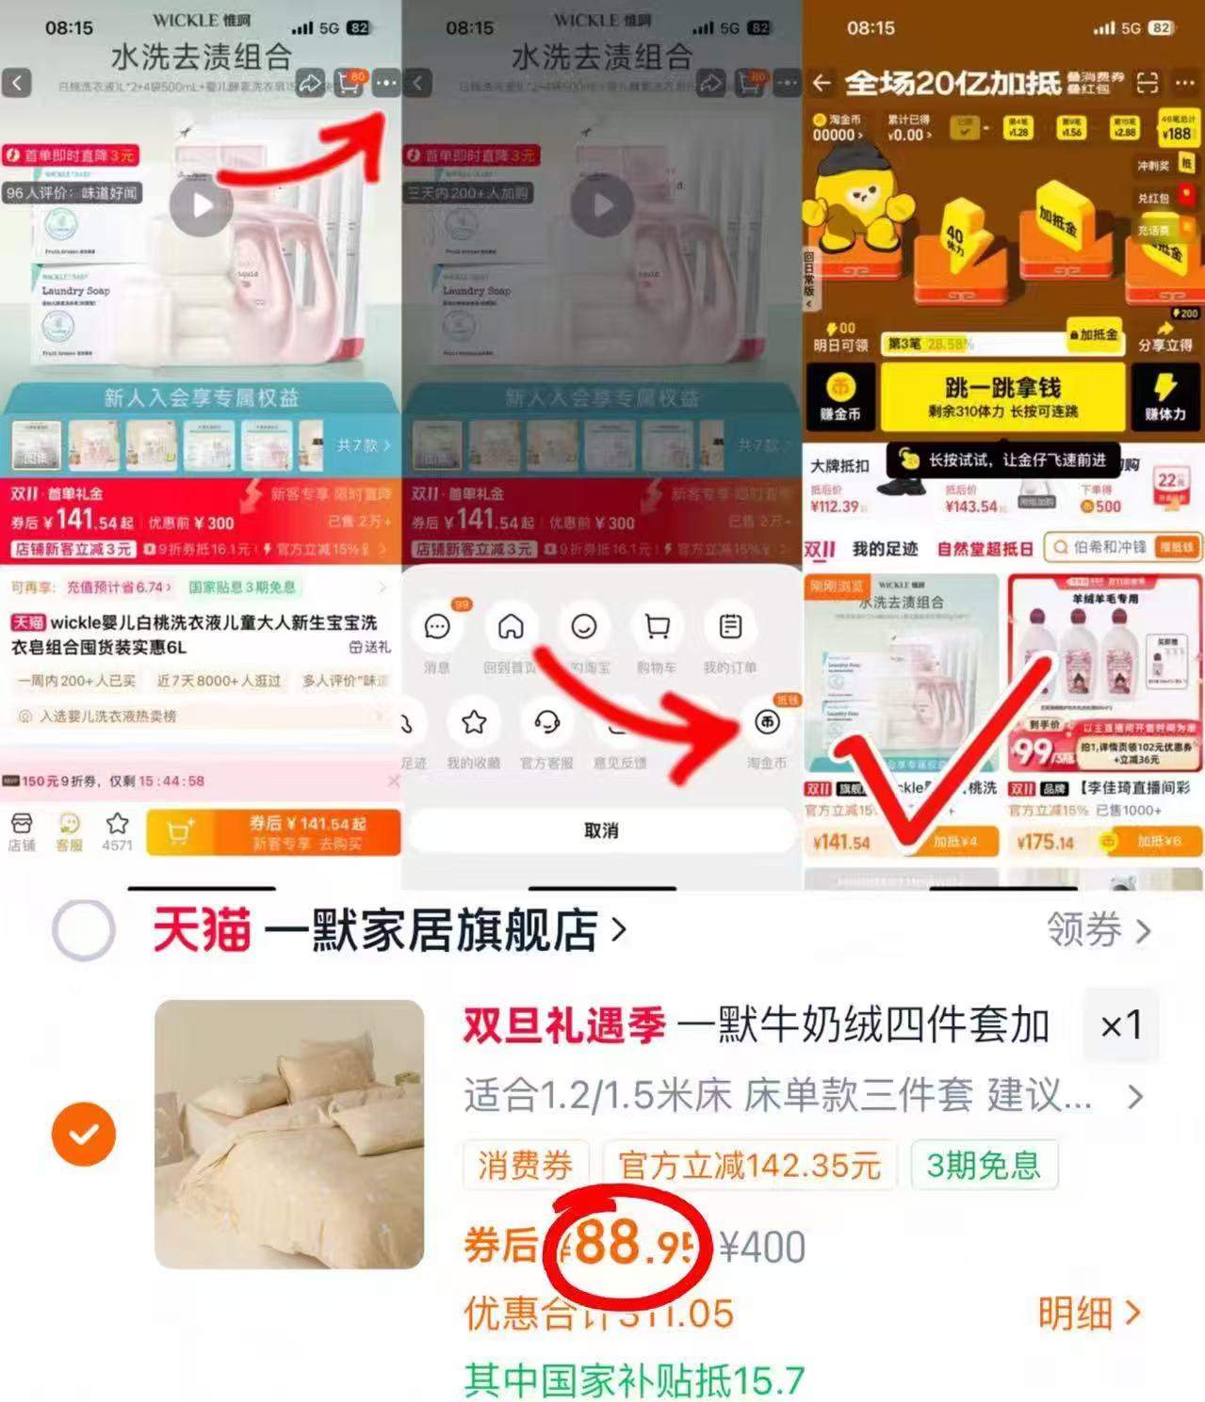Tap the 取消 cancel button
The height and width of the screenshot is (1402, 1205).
(600, 830)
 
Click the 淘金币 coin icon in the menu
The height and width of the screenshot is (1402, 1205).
(767, 723)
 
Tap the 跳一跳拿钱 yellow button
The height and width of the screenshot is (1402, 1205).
(1001, 396)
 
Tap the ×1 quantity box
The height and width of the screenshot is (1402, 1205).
(1121, 1025)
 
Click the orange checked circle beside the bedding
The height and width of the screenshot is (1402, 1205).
(84, 1134)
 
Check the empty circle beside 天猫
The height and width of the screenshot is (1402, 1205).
(84, 930)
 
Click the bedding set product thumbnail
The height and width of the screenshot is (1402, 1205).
(289, 1134)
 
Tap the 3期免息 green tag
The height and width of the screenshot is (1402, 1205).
(983, 1166)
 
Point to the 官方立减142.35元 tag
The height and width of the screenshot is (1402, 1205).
(749, 1166)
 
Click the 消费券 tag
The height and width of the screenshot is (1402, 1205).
(525, 1166)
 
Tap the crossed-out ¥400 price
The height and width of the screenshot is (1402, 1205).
(762, 1248)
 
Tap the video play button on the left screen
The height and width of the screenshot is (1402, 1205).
(201, 205)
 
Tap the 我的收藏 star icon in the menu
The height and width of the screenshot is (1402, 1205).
(474, 723)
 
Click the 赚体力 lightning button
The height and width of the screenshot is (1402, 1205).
(1164, 396)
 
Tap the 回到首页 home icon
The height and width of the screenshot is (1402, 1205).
(511, 627)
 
